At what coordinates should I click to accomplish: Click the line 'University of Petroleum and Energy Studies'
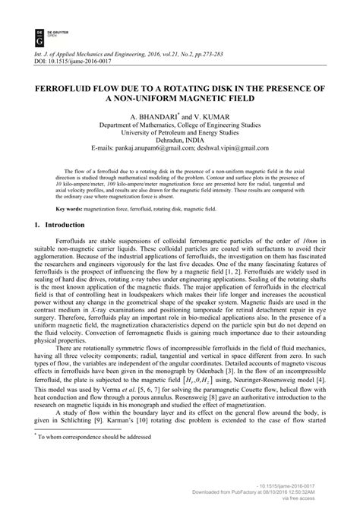tap(179, 131)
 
